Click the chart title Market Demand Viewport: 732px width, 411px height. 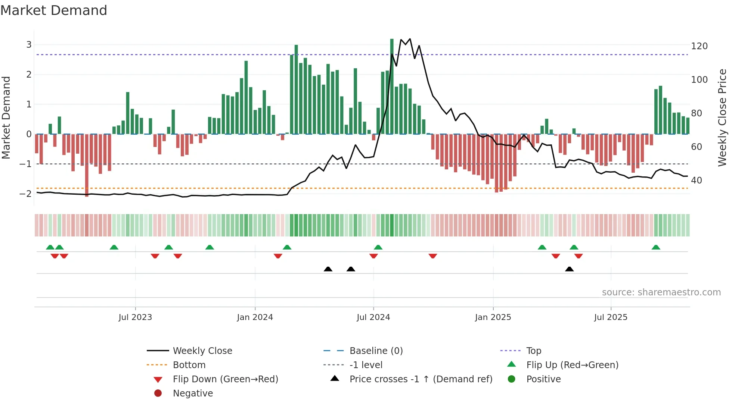click(54, 10)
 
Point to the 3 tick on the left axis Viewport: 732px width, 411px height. click(29, 45)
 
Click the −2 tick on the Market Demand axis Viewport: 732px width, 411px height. click(25, 194)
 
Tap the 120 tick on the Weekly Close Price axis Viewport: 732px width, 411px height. click(699, 46)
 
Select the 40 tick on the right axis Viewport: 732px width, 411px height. click(697, 181)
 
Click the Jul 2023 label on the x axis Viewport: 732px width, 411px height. click(135, 317)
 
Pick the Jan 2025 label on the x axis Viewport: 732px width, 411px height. click(493, 317)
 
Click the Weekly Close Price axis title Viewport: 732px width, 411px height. click(722, 117)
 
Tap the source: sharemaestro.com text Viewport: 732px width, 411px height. click(661, 292)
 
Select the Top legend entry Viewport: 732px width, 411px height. click(534, 351)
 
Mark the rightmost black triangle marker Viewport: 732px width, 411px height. click(569, 269)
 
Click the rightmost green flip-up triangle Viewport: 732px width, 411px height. click(656, 247)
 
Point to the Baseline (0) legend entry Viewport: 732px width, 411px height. click(376, 351)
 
